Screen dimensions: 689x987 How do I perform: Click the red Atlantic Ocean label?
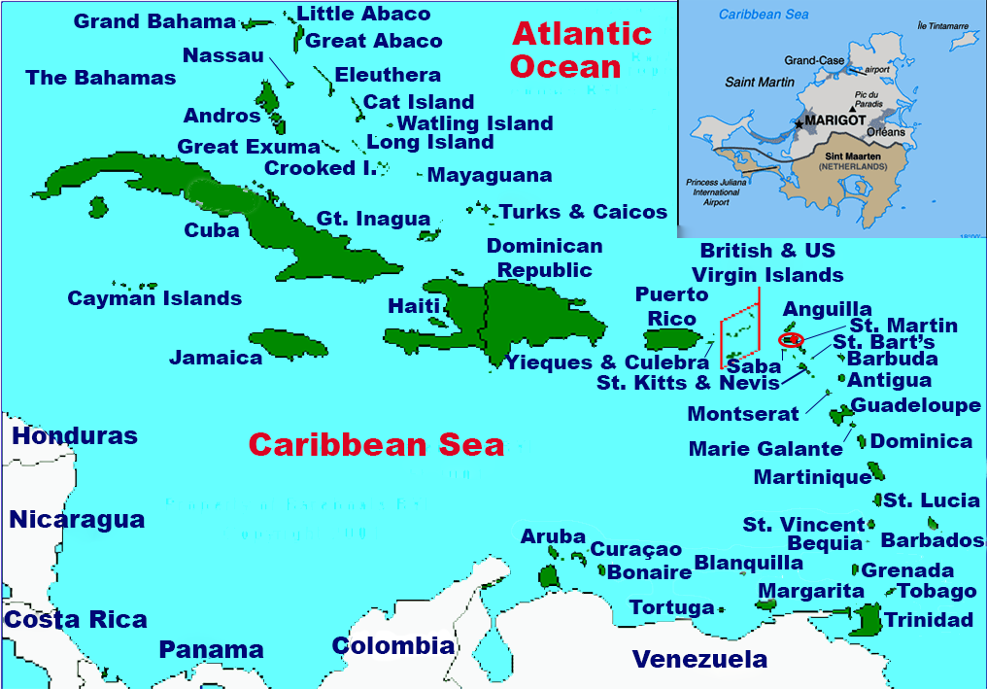580,50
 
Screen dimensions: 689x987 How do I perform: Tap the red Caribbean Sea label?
376,445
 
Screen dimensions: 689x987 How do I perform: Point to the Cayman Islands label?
154,298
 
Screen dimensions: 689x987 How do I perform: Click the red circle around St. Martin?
792,340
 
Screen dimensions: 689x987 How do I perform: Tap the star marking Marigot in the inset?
799,123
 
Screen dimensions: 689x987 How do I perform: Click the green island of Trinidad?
864,619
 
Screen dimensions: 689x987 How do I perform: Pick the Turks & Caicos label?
583,212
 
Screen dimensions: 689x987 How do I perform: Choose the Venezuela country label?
699,660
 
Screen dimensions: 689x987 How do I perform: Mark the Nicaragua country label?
77,520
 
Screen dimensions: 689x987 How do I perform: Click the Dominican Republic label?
544,258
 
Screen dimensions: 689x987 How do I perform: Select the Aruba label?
553,536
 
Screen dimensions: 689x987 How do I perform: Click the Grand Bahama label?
154,21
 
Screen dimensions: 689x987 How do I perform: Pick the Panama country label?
211,649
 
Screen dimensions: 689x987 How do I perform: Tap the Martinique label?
812,477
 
